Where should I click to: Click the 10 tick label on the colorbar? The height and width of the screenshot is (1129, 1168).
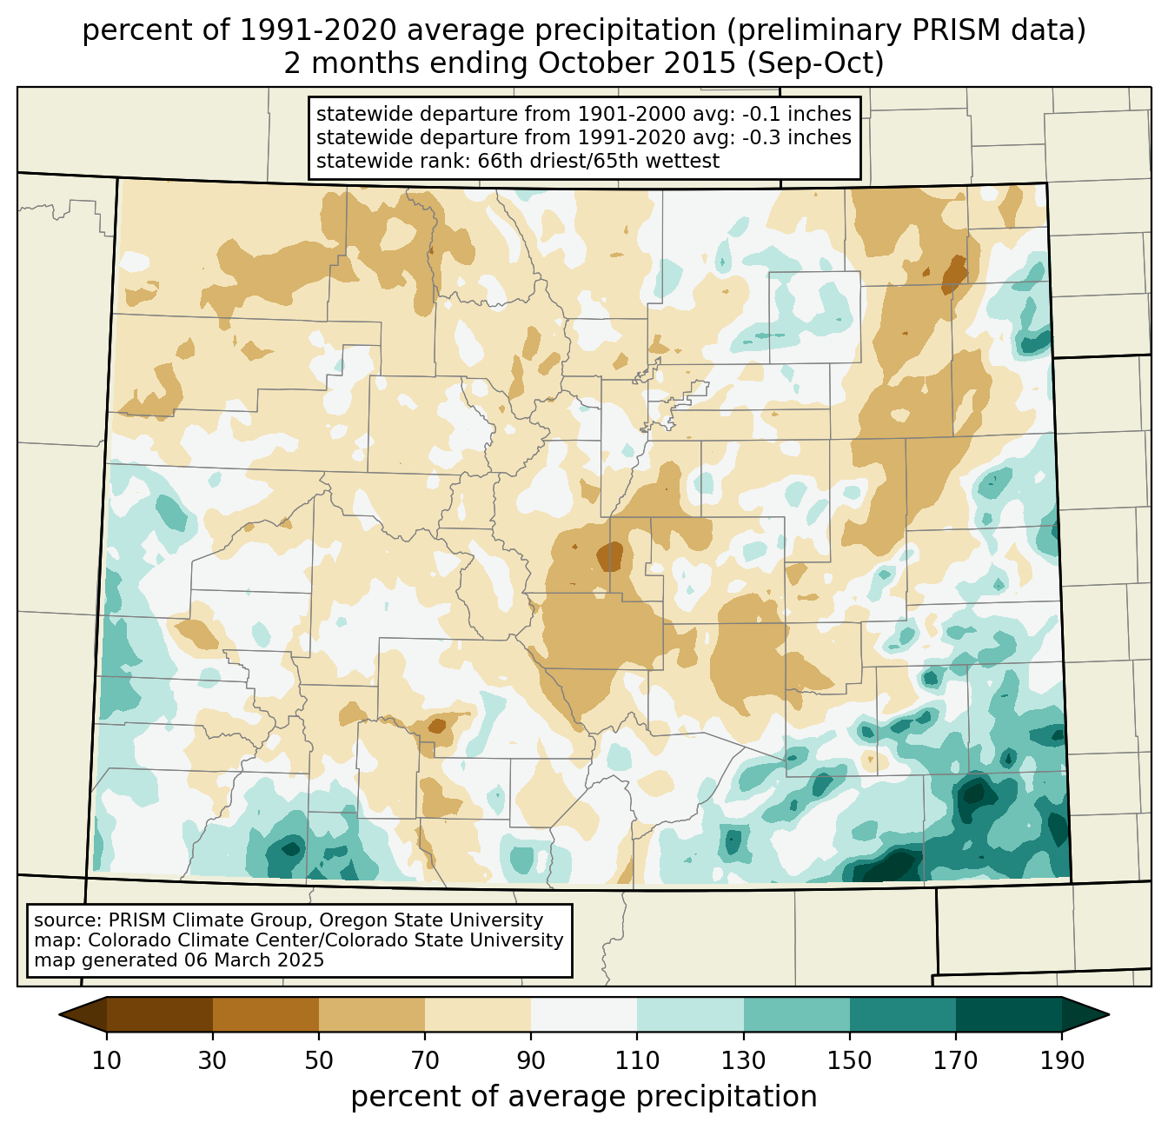tap(107, 1061)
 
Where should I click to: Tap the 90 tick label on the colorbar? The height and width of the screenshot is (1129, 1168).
tap(531, 1061)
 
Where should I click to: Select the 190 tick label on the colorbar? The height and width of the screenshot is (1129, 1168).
tap(1061, 1061)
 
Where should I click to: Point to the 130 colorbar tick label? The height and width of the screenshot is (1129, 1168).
tap(744, 1061)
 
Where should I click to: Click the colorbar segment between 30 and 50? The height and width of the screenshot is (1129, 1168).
tap(266, 1014)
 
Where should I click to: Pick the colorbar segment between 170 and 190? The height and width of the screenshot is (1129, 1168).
tap(1008, 1014)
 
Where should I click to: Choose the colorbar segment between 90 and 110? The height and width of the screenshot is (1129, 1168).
tap(584, 1014)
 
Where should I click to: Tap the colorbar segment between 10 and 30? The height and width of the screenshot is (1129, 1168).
tap(160, 1014)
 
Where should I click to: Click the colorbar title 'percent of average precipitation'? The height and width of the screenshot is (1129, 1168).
tap(584, 1097)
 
